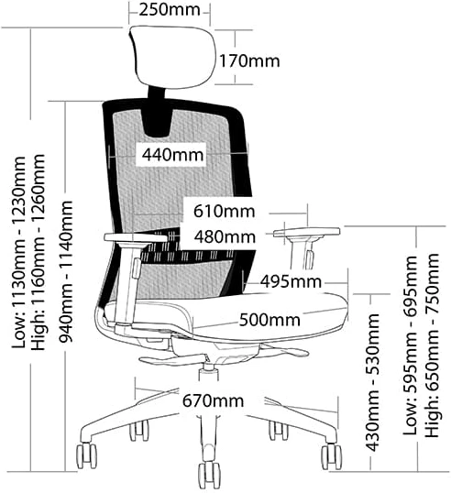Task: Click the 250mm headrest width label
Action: tap(170, 10)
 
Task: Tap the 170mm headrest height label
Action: tap(249, 61)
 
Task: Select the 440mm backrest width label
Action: tap(172, 155)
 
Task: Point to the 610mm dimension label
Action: tap(224, 211)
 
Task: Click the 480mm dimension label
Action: tap(225, 236)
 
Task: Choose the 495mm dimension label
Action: tap(291, 281)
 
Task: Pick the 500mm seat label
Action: tap(269, 320)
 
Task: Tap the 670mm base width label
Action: tap(214, 400)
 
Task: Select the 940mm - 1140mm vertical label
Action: tap(66, 271)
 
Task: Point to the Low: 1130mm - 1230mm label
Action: tap(18, 252)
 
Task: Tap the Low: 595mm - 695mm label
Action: tap(411, 345)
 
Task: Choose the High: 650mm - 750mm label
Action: tap(432, 345)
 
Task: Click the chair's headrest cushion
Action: tap(173, 56)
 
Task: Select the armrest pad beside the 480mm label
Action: tap(307, 232)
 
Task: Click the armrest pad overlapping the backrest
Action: tap(136, 237)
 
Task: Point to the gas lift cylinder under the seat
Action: tap(208, 373)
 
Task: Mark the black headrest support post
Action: tap(157, 93)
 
